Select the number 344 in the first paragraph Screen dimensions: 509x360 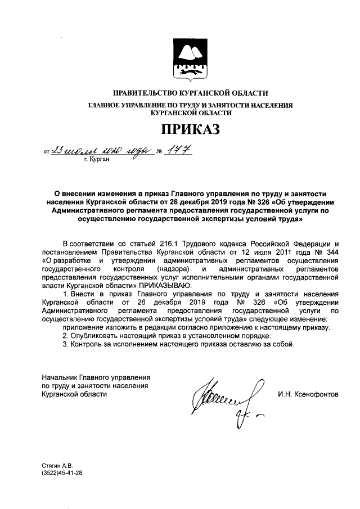(x=331, y=251)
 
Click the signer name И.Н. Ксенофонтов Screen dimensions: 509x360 (x=308, y=394)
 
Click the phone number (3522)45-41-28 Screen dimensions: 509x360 (x=62, y=474)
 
